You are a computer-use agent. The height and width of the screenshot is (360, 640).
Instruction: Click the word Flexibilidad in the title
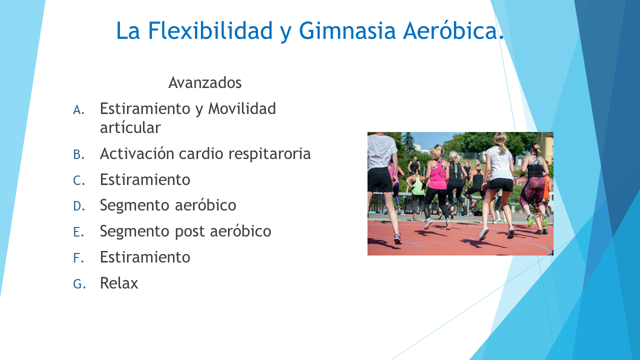[x=210, y=30]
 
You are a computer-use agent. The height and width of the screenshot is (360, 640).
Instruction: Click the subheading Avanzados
[x=205, y=82]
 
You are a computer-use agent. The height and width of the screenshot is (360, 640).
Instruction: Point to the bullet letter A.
[x=79, y=109]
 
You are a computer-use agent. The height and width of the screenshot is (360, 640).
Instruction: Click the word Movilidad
[x=241, y=108]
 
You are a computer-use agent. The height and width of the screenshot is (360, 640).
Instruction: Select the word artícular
[x=130, y=127]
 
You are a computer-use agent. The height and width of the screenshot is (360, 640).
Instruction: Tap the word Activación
[x=137, y=153]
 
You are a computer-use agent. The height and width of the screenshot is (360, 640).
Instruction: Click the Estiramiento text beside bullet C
[x=145, y=179]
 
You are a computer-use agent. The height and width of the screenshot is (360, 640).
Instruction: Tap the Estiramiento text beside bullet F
[x=145, y=257]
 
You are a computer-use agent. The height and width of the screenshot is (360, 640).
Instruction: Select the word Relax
[x=119, y=283]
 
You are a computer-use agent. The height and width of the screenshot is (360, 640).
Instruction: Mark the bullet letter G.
[x=79, y=284]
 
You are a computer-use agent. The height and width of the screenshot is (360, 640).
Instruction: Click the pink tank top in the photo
[x=437, y=175]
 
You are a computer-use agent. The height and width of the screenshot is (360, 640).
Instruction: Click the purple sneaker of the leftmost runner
[x=397, y=239]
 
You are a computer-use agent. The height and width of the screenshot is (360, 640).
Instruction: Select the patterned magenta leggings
[x=532, y=193]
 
